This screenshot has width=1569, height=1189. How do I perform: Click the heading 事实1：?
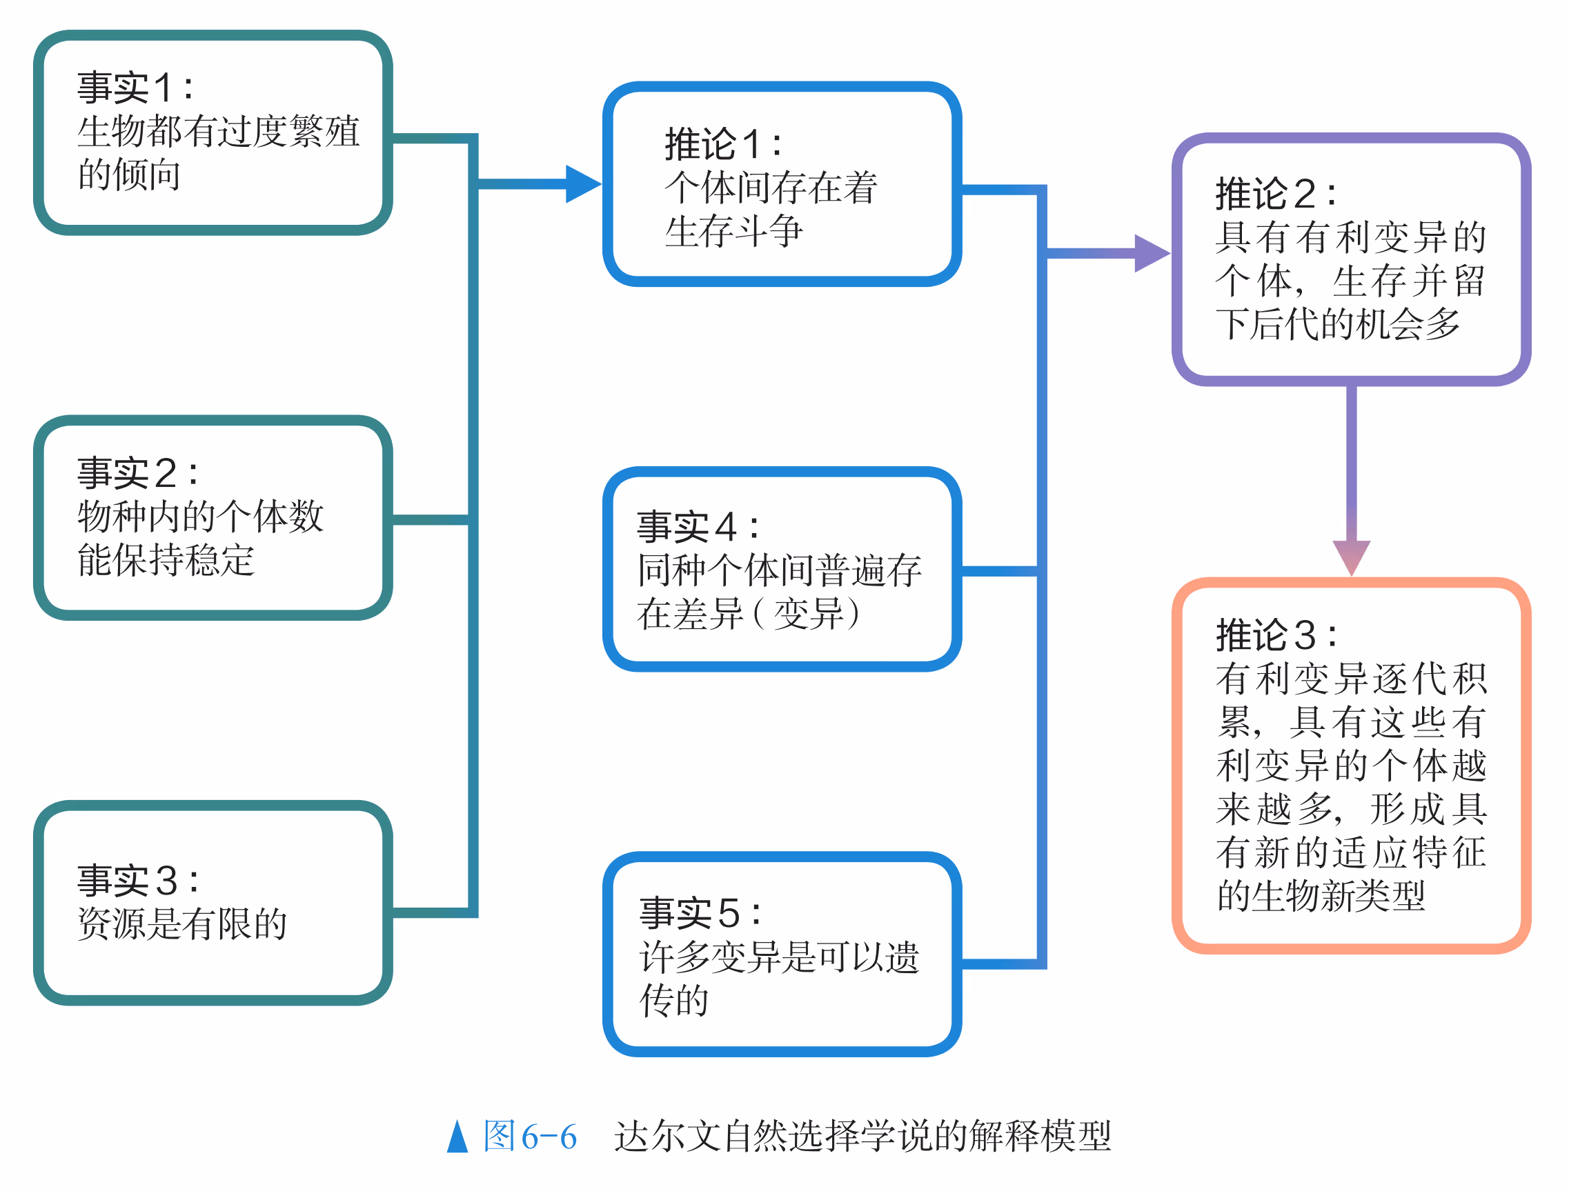(x=135, y=88)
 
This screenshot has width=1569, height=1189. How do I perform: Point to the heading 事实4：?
(x=698, y=527)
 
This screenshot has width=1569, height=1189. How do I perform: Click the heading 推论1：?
(x=724, y=144)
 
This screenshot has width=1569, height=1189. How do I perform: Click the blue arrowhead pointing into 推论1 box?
(x=582, y=184)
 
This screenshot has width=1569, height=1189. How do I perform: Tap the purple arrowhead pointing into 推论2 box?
(x=1151, y=253)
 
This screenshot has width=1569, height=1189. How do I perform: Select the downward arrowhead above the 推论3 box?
(x=1351, y=557)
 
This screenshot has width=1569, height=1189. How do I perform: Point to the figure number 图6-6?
(x=530, y=1137)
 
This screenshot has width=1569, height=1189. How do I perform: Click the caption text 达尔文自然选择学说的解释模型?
(x=862, y=1137)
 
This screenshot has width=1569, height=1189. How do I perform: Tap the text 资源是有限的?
(x=182, y=924)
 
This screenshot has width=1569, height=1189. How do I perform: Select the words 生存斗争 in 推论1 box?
(x=733, y=231)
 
